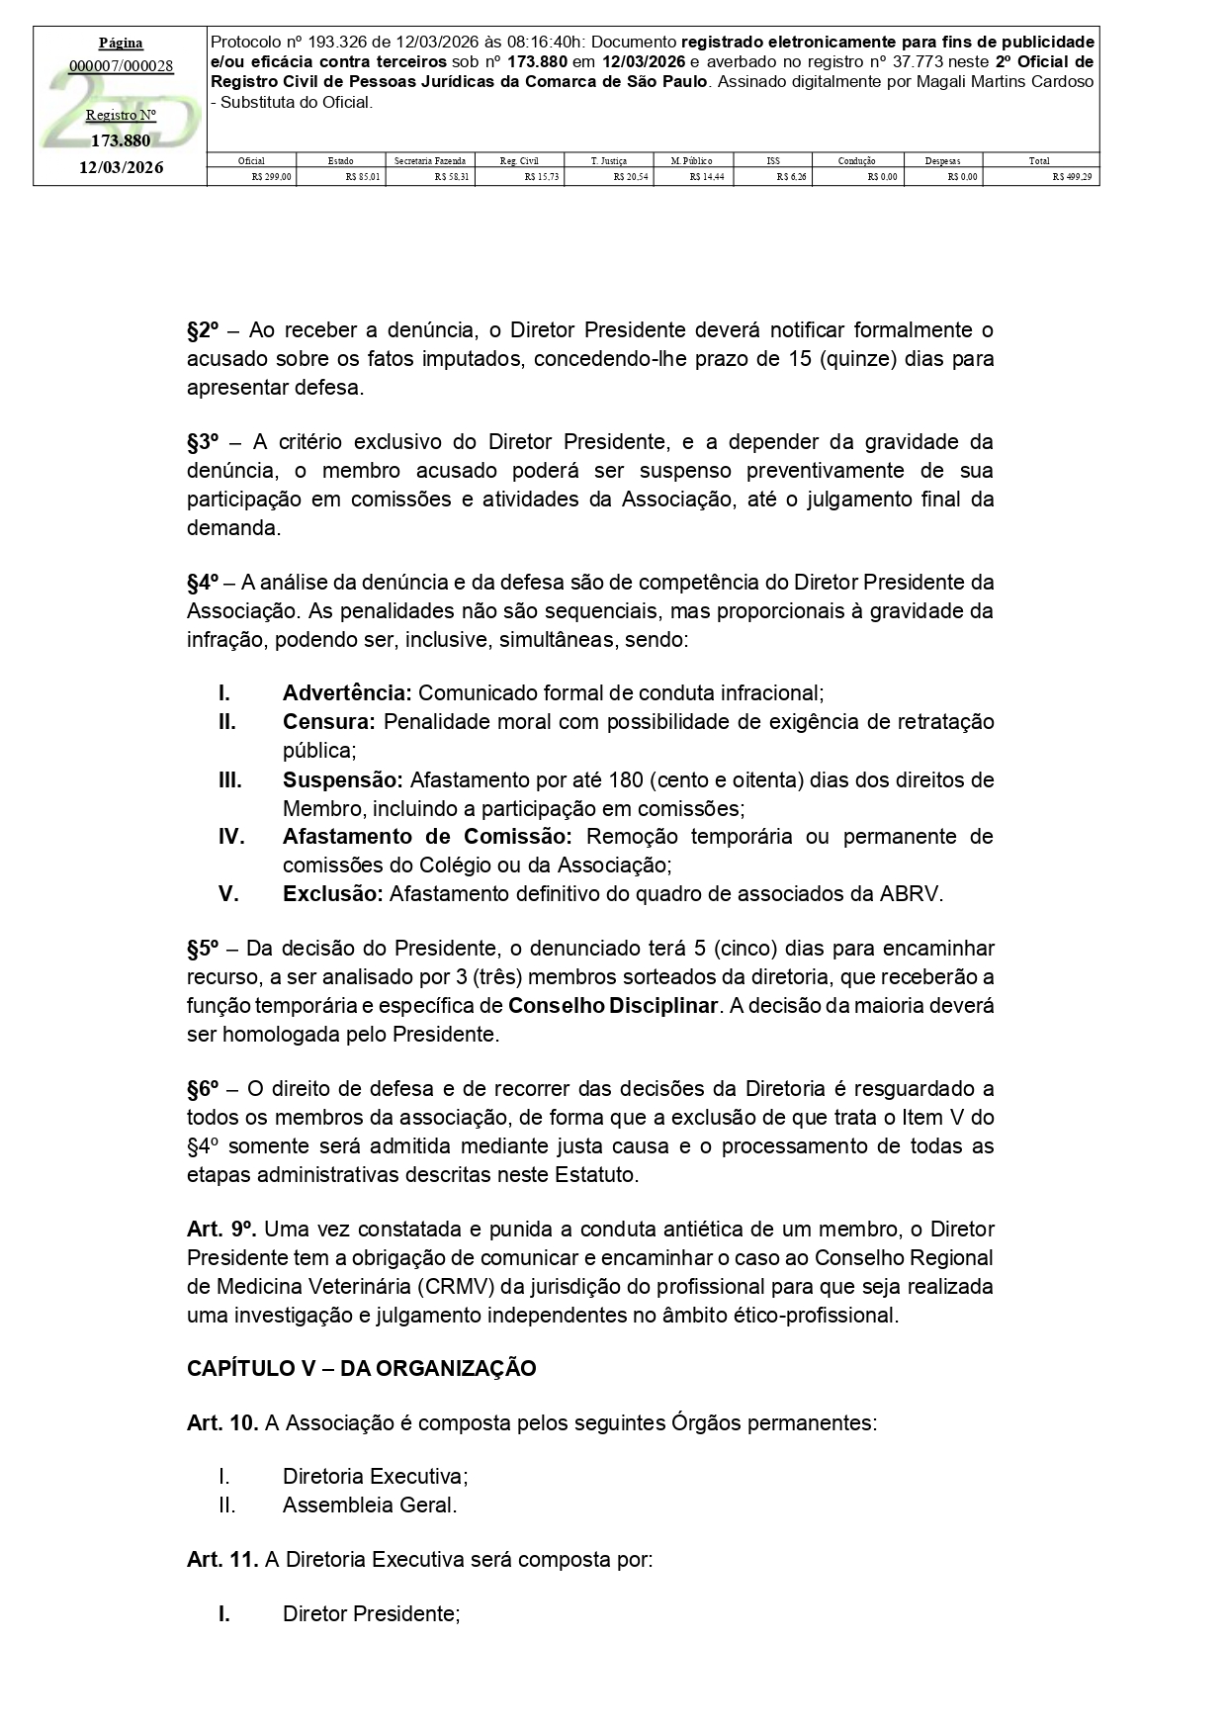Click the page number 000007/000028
coord(121,66)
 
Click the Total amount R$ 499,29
coord(1072,177)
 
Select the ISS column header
coord(773,160)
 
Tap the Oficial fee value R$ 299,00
coord(272,177)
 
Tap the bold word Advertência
coord(347,692)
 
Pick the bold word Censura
coord(329,721)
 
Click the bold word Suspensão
coord(342,779)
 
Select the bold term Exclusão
coord(332,894)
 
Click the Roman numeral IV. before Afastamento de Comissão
coord(231,837)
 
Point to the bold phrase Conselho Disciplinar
coord(613,1006)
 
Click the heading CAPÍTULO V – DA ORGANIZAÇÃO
coord(362,1369)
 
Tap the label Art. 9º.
coord(221,1230)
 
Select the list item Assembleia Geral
coord(370,1506)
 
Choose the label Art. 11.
coord(222,1560)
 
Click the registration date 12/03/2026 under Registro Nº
coord(121,168)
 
